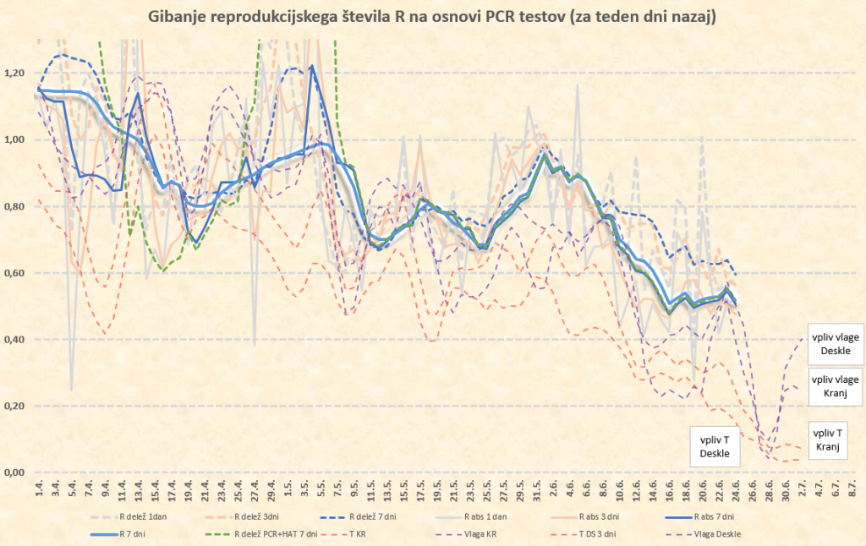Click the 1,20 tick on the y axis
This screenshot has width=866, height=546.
coord(16,73)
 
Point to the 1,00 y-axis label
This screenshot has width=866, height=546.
coord(16,139)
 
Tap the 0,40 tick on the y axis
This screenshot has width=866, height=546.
coord(16,339)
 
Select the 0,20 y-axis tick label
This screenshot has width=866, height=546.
coord(16,406)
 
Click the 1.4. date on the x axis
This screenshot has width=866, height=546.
coord(39,489)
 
